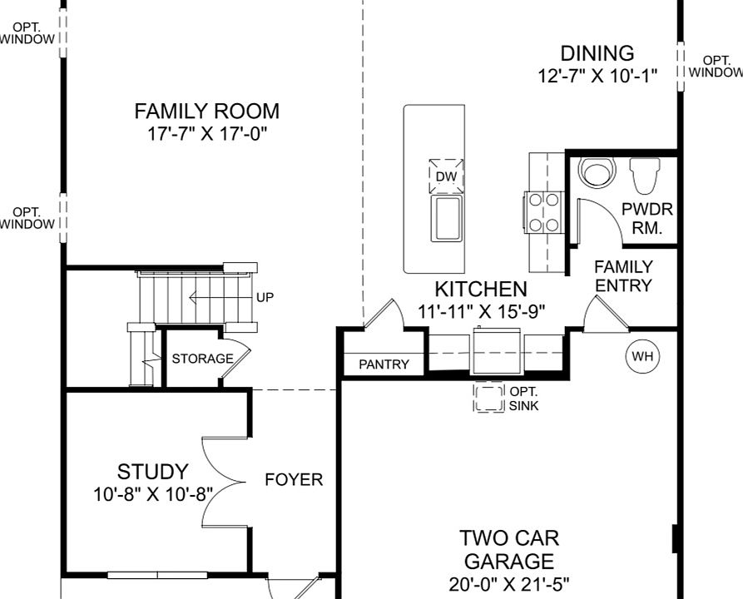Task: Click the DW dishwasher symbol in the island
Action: pyautogui.click(x=446, y=176)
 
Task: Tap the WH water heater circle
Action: pyautogui.click(x=642, y=356)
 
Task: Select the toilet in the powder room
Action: pyautogui.click(x=645, y=176)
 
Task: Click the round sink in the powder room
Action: pyautogui.click(x=597, y=171)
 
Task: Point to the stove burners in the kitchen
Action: pyautogui.click(x=543, y=212)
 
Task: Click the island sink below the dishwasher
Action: pyautogui.click(x=446, y=219)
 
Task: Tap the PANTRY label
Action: pyautogui.click(x=384, y=364)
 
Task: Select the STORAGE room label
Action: pyautogui.click(x=202, y=359)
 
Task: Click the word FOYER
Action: pyautogui.click(x=294, y=479)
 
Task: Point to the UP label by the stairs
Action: pyautogui.click(x=265, y=297)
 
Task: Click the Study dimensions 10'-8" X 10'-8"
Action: pyautogui.click(x=153, y=495)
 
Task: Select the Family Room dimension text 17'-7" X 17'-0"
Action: pyautogui.click(x=207, y=134)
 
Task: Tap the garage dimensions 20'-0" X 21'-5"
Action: pyautogui.click(x=509, y=584)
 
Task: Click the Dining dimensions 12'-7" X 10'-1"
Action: pyautogui.click(x=597, y=76)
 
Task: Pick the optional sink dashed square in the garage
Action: pyautogui.click(x=488, y=397)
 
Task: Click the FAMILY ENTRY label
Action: pyautogui.click(x=623, y=276)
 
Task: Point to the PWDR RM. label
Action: pyautogui.click(x=646, y=219)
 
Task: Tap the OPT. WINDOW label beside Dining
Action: pyautogui.click(x=716, y=67)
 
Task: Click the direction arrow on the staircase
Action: pyautogui.click(x=220, y=298)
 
